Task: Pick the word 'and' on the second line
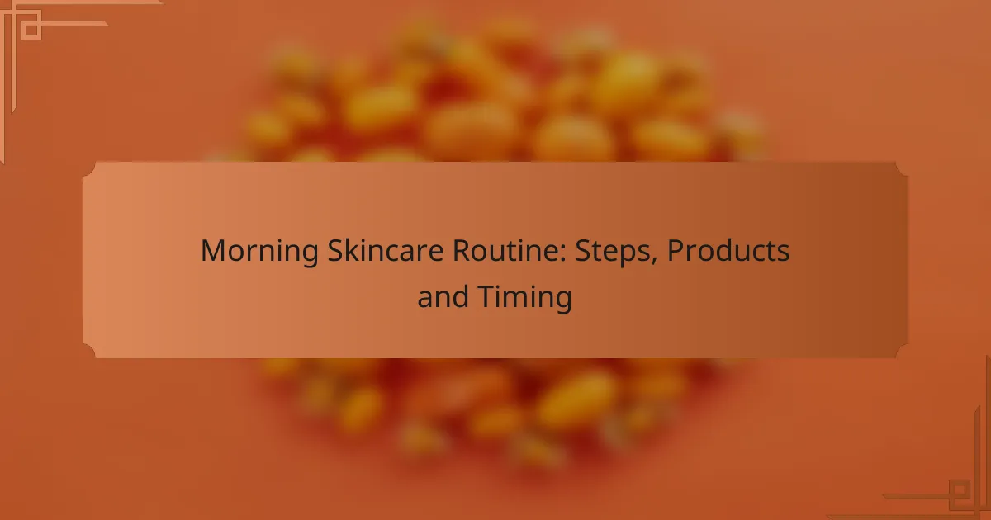click(x=443, y=297)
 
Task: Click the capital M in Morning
click(x=211, y=252)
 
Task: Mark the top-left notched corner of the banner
click(x=89, y=168)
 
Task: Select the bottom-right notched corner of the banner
click(x=901, y=352)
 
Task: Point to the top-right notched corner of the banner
click(x=901, y=168)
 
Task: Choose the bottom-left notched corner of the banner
click(x=89, y=352)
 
